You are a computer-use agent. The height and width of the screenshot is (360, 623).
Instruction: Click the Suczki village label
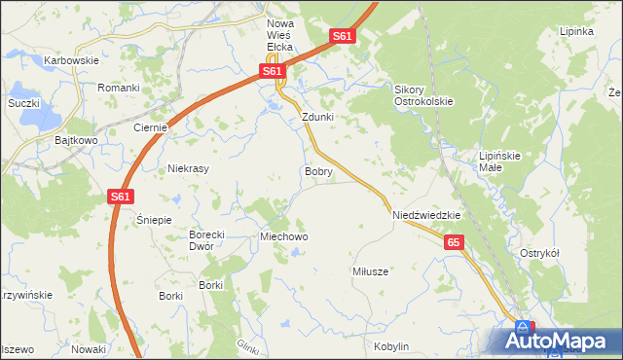tap(23, 102)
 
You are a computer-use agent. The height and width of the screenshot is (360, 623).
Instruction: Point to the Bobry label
tap(318, 171)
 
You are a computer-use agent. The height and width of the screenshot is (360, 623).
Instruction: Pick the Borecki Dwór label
tap(207, 240)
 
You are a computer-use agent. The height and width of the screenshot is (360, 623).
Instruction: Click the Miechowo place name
tap(284, 236)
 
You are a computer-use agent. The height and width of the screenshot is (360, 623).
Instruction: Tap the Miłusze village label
tap(370, 271)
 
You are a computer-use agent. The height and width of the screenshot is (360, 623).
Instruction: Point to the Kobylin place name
tap(390, 346)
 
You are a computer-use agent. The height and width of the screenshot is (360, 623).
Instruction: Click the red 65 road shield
tap(454, 243)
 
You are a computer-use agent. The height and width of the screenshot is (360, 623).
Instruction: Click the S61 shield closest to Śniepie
tap(120, 197)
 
